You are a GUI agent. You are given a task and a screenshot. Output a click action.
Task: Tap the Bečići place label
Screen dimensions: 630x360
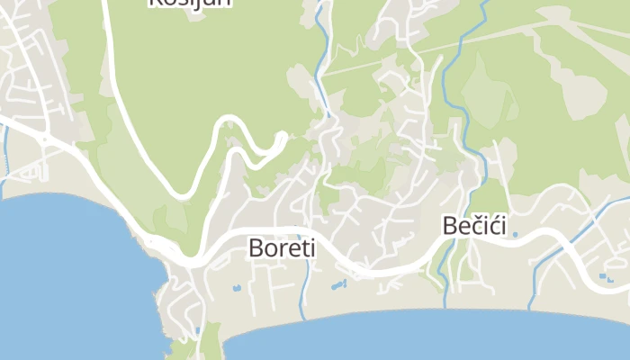(476, 226)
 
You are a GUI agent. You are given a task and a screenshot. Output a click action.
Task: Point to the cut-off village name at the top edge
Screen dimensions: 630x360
(190, 3)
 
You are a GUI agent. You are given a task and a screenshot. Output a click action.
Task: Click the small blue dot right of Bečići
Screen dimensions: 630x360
(516, 234)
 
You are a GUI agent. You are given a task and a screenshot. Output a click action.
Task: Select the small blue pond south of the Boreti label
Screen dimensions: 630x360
(237, 288)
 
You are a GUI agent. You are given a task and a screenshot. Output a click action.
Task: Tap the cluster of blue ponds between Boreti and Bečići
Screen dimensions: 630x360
(338, 285)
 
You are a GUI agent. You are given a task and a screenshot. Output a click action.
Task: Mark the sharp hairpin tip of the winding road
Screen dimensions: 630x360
(283, 137)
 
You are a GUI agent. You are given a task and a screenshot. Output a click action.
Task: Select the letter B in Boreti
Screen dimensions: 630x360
(255, 247)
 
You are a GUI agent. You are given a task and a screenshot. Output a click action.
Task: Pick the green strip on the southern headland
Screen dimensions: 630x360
(211, 342)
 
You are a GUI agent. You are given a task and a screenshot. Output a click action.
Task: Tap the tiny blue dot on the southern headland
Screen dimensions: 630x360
(197, 330)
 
